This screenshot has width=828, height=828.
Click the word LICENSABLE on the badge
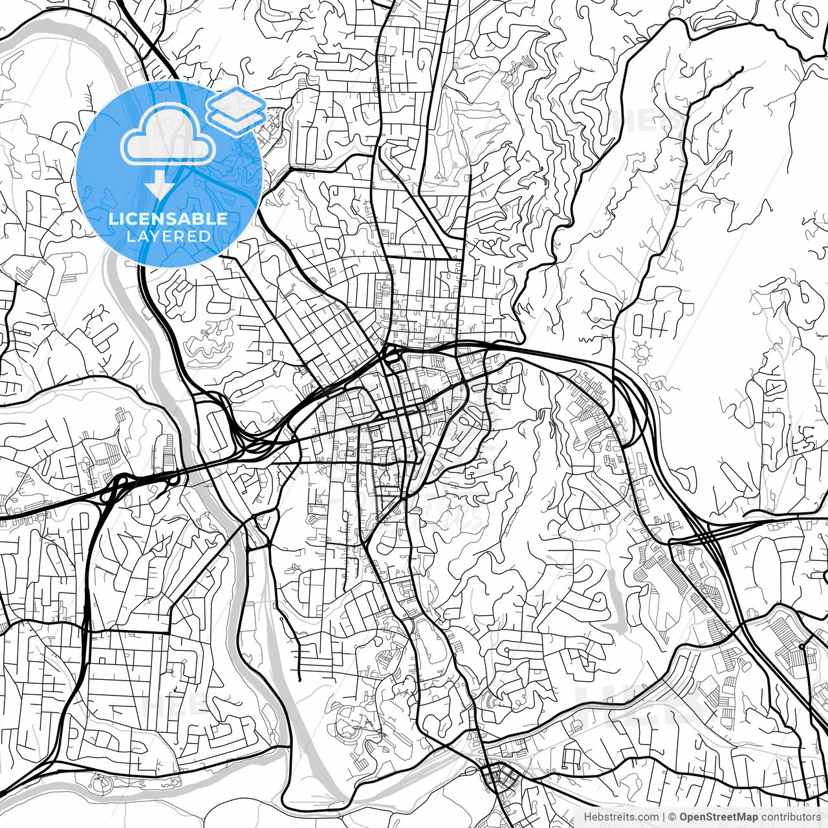point(168,219)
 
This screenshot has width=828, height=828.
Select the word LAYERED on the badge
point(169,236)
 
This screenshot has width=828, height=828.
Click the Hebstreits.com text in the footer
point(621,817)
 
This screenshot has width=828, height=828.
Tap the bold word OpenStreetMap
point(719,817)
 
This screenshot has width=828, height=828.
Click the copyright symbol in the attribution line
point(672,817)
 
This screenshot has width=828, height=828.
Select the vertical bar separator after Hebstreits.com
point(664,817)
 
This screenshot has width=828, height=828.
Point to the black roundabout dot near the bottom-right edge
point(801,646)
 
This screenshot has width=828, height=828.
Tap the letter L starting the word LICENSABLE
point(113,219)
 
